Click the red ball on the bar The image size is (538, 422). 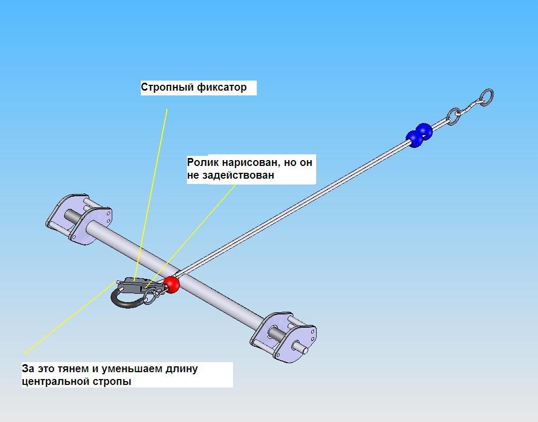171,284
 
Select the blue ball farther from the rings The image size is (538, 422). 415,139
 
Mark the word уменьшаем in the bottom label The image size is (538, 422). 133,368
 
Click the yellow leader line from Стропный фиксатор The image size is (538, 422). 154,186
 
